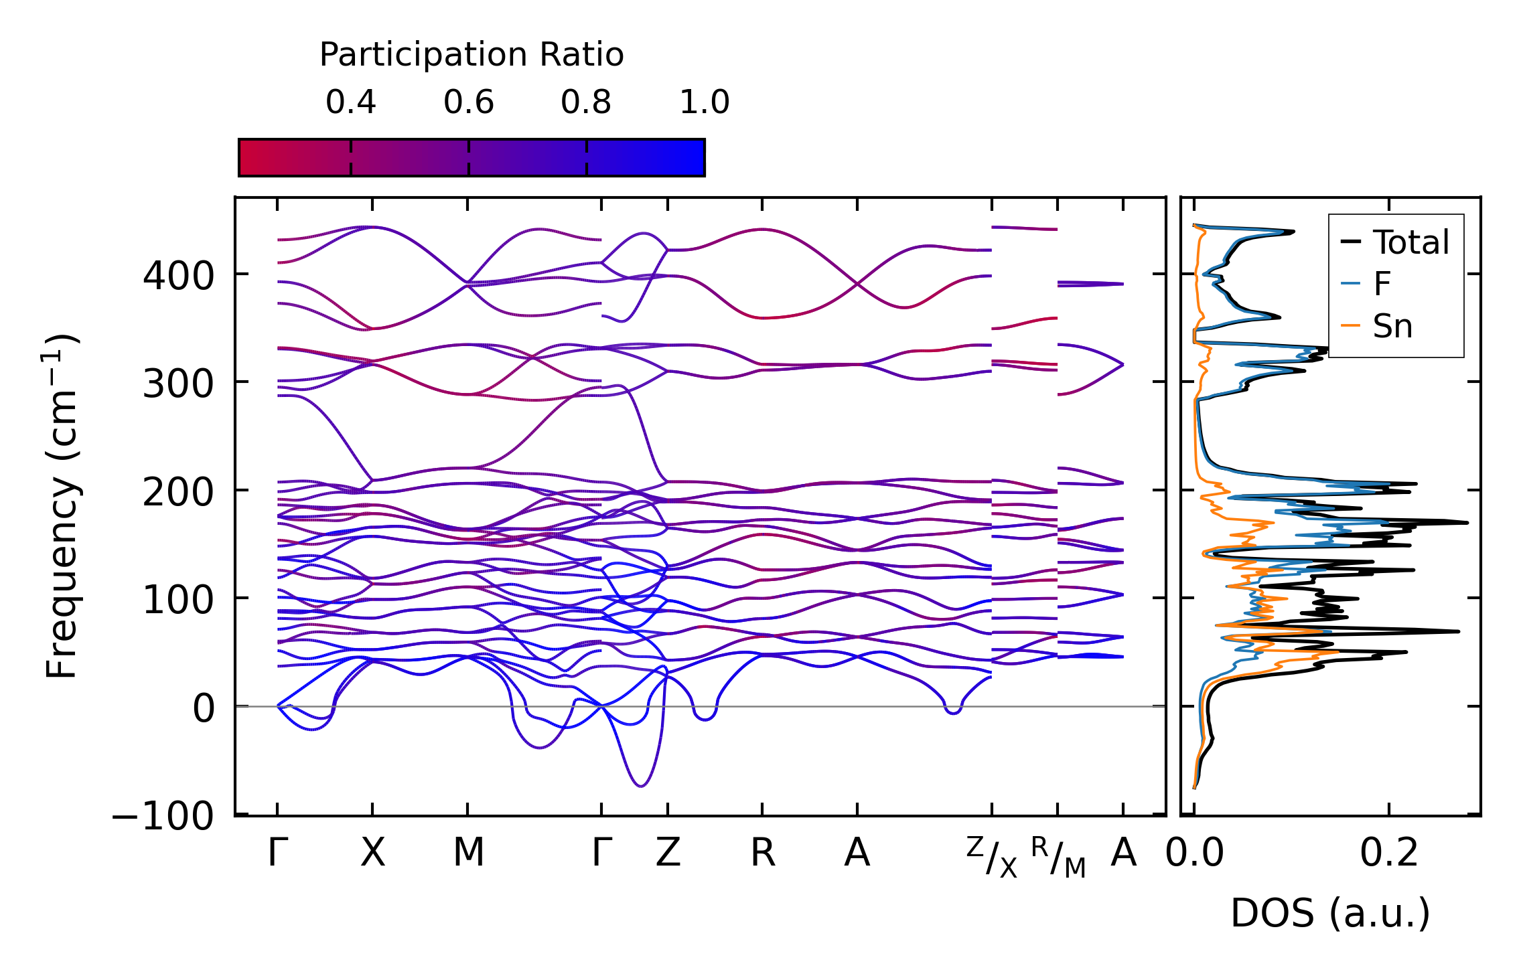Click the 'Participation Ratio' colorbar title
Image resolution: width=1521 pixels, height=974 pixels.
pos(472,55)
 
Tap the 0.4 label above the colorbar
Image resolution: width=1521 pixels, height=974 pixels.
pos(351,102)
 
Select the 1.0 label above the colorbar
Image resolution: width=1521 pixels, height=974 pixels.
pos(705,102)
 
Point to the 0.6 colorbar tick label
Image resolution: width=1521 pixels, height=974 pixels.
pos(469,102)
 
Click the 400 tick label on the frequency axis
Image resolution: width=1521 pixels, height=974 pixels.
pos(178,276)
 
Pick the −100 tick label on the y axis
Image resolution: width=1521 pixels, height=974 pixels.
pos(163,817)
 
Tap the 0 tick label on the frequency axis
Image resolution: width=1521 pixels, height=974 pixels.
pos(204,708)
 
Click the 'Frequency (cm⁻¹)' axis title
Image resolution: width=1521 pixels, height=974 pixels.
pos(62,506)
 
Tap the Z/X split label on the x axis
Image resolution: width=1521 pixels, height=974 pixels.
pos(992,857)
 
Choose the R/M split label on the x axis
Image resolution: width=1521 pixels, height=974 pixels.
pos(1058,857)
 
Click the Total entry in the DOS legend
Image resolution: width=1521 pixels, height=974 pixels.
pos(1410,242)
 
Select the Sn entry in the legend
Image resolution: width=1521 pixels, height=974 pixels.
pos(1392,327)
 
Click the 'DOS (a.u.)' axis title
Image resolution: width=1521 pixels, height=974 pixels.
pos(1330,914)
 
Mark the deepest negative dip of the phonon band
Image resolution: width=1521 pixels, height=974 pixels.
pos(641,785)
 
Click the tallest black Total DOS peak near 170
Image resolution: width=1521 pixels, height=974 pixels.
pos(1467,522)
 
